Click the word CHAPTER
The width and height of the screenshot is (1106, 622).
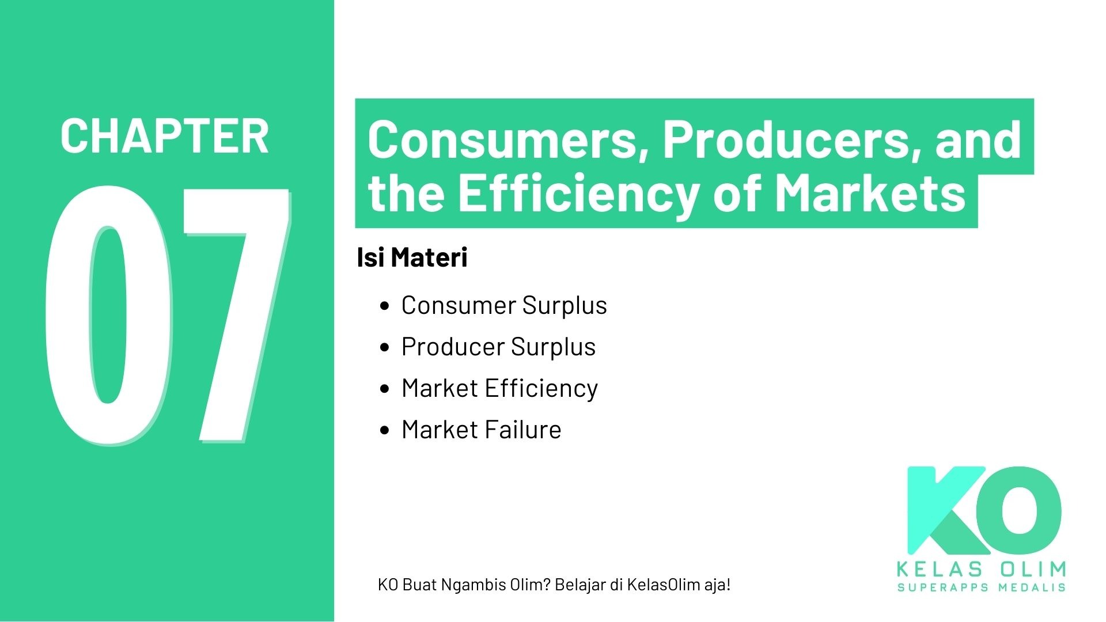coord(164,136)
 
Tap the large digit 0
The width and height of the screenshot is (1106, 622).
coord(108,316)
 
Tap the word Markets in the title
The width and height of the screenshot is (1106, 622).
coord(869,193)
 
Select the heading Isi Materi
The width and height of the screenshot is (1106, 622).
coord(412,257)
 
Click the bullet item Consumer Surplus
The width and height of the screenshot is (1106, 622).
coord(504,305)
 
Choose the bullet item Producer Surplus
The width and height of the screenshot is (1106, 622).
coord(498,347)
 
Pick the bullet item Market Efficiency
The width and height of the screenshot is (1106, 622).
coord(499,388)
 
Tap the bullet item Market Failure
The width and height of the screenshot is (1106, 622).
coord(481,430)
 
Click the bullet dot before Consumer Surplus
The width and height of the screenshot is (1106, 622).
coord(385,306)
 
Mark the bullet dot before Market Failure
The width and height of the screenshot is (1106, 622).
coord(385,430)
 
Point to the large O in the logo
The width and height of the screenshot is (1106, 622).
coord(1022,510)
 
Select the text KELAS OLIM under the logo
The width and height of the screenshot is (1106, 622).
coord(981,570)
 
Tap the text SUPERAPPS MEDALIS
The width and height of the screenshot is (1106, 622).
coord(981,587)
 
